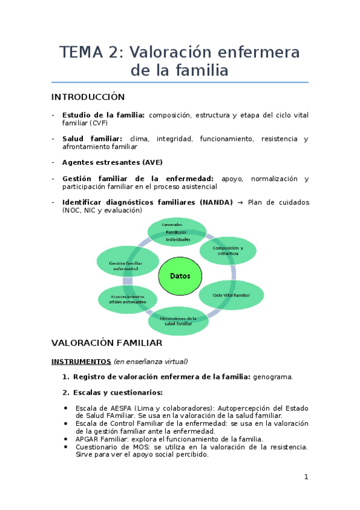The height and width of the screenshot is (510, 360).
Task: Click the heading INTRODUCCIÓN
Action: [88, 97]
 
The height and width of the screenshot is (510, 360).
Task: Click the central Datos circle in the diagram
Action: [180, 276]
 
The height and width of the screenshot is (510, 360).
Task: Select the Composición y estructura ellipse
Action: [228, 250]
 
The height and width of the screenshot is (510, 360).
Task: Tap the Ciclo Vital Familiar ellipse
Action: [231, 295]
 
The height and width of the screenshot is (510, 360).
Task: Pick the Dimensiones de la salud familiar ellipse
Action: [178, 321]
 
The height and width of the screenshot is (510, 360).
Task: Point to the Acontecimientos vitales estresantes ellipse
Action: [127, 299]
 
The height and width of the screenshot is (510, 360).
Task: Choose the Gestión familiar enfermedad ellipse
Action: [127, 265]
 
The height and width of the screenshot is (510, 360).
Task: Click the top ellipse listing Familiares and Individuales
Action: [177, 232]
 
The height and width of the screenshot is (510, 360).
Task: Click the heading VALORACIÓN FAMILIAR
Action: [107, 343]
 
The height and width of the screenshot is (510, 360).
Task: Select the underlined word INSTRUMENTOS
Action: [81, 361]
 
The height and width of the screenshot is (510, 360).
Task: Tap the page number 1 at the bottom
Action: [306, 477]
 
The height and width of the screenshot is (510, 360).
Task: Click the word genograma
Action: [273, 377]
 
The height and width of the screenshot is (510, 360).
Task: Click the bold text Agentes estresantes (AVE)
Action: [112, 162]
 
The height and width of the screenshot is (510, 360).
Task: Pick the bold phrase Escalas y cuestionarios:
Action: [118, 393]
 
